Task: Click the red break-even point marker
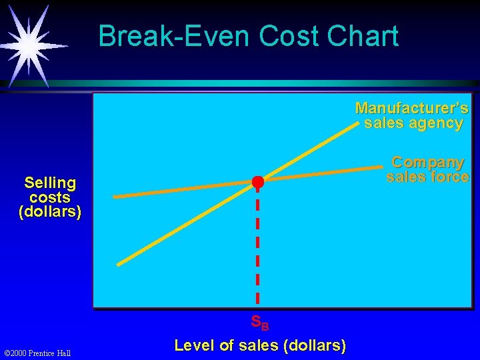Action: coord(257,182)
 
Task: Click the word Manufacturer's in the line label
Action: coord(411,108)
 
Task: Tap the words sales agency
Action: coord(413,123)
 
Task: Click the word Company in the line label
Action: coord(427,162)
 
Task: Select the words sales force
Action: coord(427,177)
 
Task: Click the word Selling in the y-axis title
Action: coord(50,183)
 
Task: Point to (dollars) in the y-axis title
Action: coord(50,213)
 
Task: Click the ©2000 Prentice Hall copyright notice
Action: coord(37,353)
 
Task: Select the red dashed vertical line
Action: coord(257,247)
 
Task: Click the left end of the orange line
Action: coord(115,197)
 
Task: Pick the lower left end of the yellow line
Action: coord(119,264)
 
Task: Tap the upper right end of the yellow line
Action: coord(360,123)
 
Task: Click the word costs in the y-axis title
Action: coord(50,197)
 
